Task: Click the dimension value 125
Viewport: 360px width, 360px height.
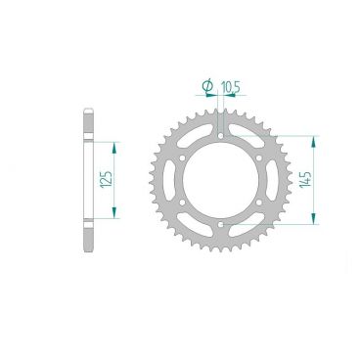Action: coord(106,178)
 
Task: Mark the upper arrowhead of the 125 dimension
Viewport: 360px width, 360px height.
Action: coord(116,144)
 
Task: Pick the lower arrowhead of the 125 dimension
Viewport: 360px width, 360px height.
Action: coord(116,217)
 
